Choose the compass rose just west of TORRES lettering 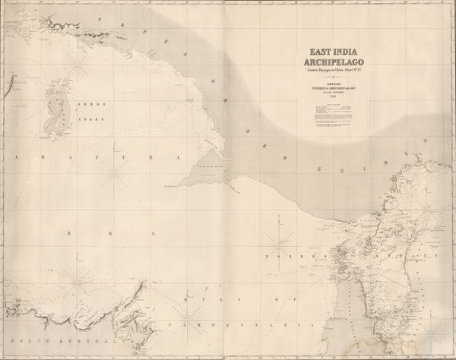pyautogui.click(x=277, y=244)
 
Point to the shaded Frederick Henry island pyautogui.click(x=207, y=169)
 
